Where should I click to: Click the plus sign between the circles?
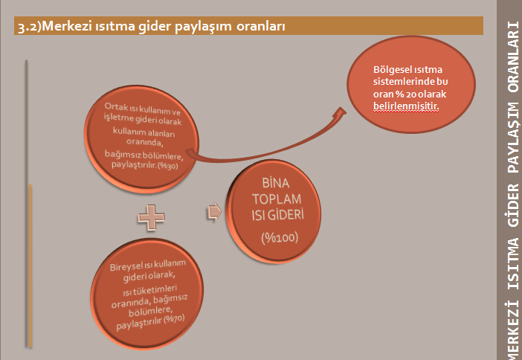151,218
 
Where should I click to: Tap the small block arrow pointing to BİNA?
214,212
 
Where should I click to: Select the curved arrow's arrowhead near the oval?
340,113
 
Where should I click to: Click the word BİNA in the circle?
276,183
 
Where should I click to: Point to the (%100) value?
280,238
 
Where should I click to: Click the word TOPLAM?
277,199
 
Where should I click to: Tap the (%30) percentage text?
167,166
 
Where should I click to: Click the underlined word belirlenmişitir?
406,106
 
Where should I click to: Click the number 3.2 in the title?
25,27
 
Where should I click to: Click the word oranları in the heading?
261,26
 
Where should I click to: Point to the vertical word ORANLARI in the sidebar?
513,57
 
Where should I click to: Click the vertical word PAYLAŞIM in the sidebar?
513,137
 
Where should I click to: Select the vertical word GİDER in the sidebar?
513,205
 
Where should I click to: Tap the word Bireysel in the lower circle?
124,267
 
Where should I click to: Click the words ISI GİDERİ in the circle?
277,215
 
